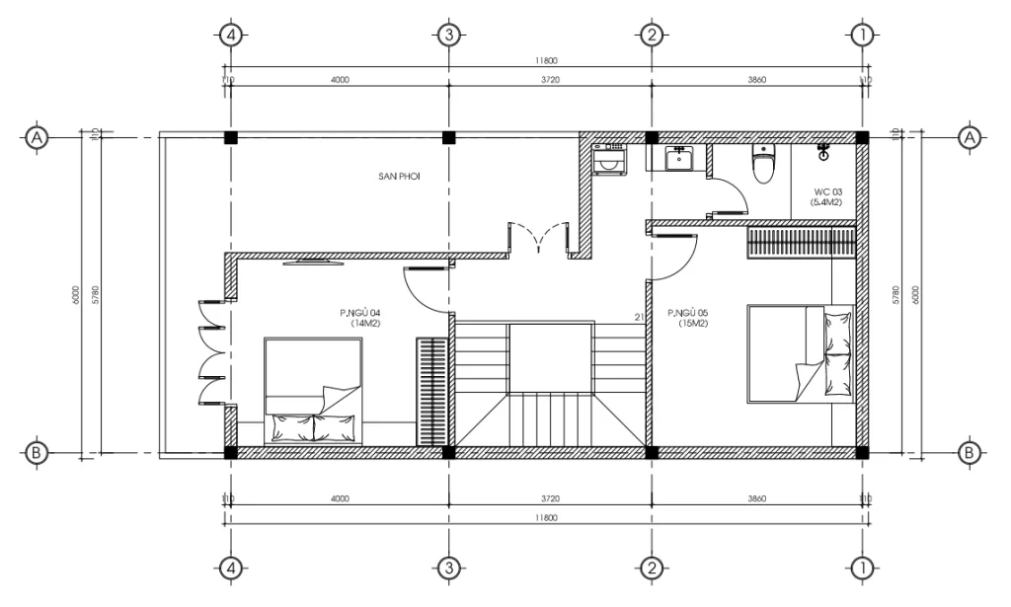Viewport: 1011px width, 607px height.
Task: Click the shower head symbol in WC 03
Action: coord(822,150)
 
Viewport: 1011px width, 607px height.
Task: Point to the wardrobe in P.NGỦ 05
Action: coord(800,242)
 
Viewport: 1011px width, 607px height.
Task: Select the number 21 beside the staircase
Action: coord(640,317)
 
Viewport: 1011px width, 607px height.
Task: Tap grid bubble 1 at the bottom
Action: coord(862,568)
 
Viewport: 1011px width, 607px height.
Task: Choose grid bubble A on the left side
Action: coord(38,137)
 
